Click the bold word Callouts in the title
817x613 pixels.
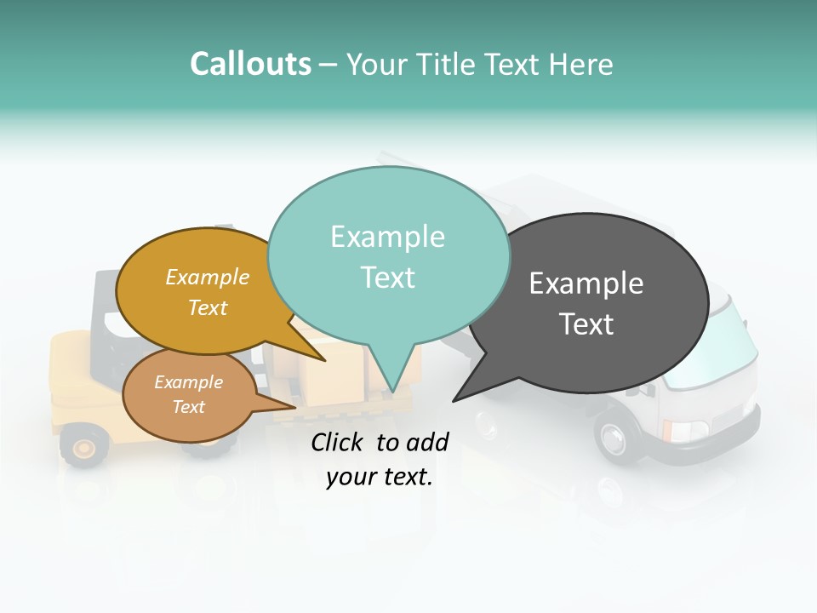250,64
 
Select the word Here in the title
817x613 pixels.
581,64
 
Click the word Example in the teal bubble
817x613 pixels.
387,237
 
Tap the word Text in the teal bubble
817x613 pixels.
387,278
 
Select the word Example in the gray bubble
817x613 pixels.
586,284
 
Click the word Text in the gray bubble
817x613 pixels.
586,324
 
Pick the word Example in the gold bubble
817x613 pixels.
207,278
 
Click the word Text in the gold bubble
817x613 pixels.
207,307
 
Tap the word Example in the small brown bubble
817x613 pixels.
188,382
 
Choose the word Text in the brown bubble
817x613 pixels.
188,407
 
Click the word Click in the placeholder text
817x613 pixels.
338,442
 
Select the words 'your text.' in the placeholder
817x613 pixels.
380,478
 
